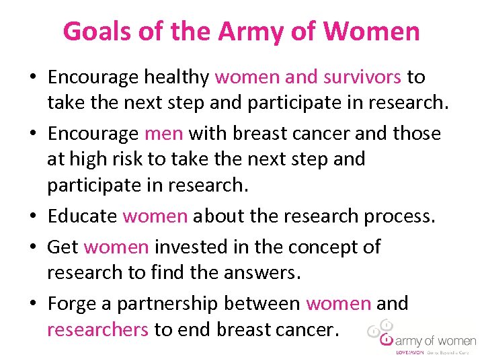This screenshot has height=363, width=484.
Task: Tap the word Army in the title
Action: [254, 31]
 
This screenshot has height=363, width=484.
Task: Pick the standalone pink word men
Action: [163, 133]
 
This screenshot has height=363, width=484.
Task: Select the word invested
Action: [190, 247]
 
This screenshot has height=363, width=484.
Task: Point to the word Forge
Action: [73, 303]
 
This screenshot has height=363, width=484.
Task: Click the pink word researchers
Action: [98, 329]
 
